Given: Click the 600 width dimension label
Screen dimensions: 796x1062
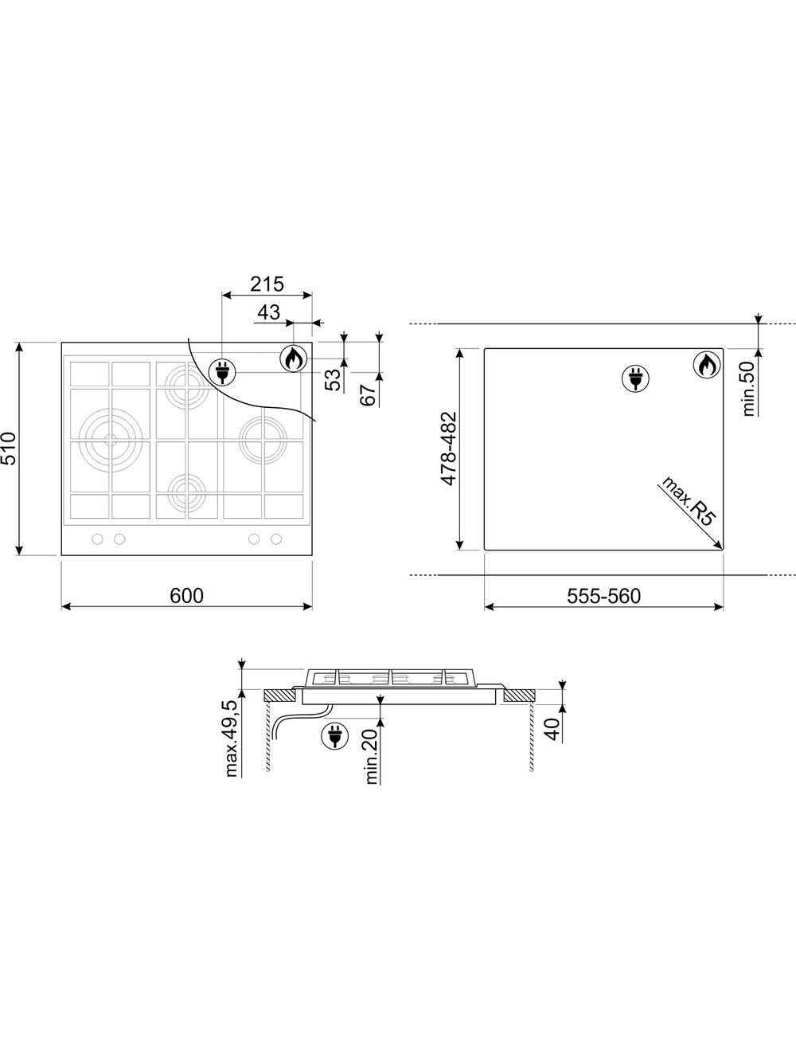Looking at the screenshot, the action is point(186,596).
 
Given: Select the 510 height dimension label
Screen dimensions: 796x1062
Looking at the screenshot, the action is point(9,449).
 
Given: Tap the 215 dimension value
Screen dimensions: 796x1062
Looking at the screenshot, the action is point(267,284).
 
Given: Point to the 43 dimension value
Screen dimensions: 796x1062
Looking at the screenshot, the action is point(269,312).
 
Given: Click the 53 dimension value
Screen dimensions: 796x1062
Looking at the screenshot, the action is point(333,380).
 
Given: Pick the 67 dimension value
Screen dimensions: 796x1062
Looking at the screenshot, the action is point(368,395).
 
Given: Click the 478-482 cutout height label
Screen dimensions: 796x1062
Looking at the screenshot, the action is point(448,449).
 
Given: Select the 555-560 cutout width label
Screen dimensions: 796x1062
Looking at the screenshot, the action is point(603,596).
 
